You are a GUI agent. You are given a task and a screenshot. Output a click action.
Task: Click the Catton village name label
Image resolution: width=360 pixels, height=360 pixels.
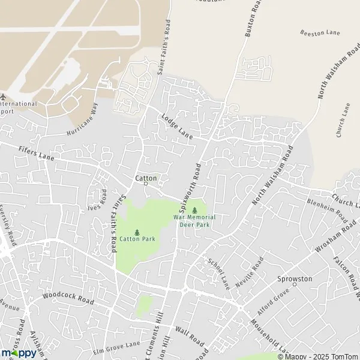pos(146,178)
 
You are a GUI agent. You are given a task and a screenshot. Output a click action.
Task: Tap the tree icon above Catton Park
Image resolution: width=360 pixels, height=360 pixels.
pos(137,232)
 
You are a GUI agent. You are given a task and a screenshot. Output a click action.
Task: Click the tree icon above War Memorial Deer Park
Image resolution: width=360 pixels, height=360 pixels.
pos(194,210)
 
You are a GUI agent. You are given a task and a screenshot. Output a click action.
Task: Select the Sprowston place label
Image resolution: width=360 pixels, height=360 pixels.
pos(295,279)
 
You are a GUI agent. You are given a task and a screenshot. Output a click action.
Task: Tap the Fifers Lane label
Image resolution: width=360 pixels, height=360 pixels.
pos(36,154)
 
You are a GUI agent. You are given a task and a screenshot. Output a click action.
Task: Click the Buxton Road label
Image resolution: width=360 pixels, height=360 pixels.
pos(254,19)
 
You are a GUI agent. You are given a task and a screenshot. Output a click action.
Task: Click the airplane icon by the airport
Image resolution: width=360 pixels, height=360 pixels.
pos(3,97)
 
